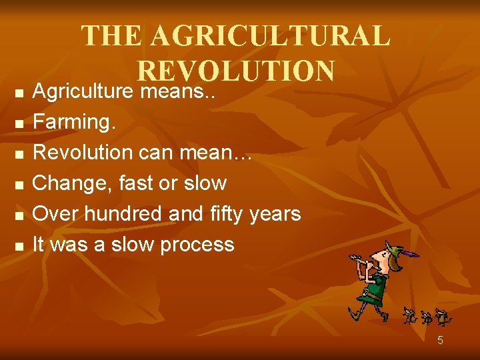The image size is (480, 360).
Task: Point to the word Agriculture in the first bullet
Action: (x=84, y=91)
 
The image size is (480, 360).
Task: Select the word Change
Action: (x=72, y=183)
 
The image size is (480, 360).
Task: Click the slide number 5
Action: (x=440, y=341)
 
